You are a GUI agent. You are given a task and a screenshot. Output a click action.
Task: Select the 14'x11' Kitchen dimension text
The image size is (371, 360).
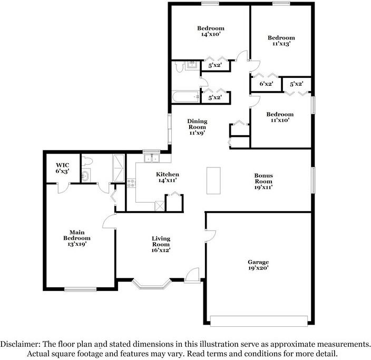click(168, 181)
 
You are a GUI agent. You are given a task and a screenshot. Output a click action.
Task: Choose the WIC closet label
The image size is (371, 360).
click(63, 165)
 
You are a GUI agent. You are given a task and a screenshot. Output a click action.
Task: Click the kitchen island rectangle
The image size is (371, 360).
click(213, 181)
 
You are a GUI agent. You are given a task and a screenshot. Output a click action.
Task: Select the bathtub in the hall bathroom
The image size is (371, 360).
click(185, 97)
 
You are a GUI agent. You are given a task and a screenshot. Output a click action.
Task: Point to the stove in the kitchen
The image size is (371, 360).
click(131, 183)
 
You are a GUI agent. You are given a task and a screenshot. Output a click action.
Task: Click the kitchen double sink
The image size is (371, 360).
click(152, 158)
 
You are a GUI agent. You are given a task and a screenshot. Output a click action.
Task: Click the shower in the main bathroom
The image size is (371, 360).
click(119, 168)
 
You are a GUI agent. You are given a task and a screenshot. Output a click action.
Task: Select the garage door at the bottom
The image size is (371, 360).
click(259, 321)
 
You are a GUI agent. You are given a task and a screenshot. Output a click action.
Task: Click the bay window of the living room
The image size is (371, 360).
click(151, 284)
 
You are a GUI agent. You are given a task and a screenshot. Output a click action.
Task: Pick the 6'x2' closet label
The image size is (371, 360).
click(267, 84)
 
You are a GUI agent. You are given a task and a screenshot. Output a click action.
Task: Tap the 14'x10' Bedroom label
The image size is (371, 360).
click(211, 31)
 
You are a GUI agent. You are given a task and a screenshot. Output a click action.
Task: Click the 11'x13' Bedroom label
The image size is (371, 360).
click(281, 41)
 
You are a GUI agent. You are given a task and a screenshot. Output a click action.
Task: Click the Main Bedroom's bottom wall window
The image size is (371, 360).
click(81, 289)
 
